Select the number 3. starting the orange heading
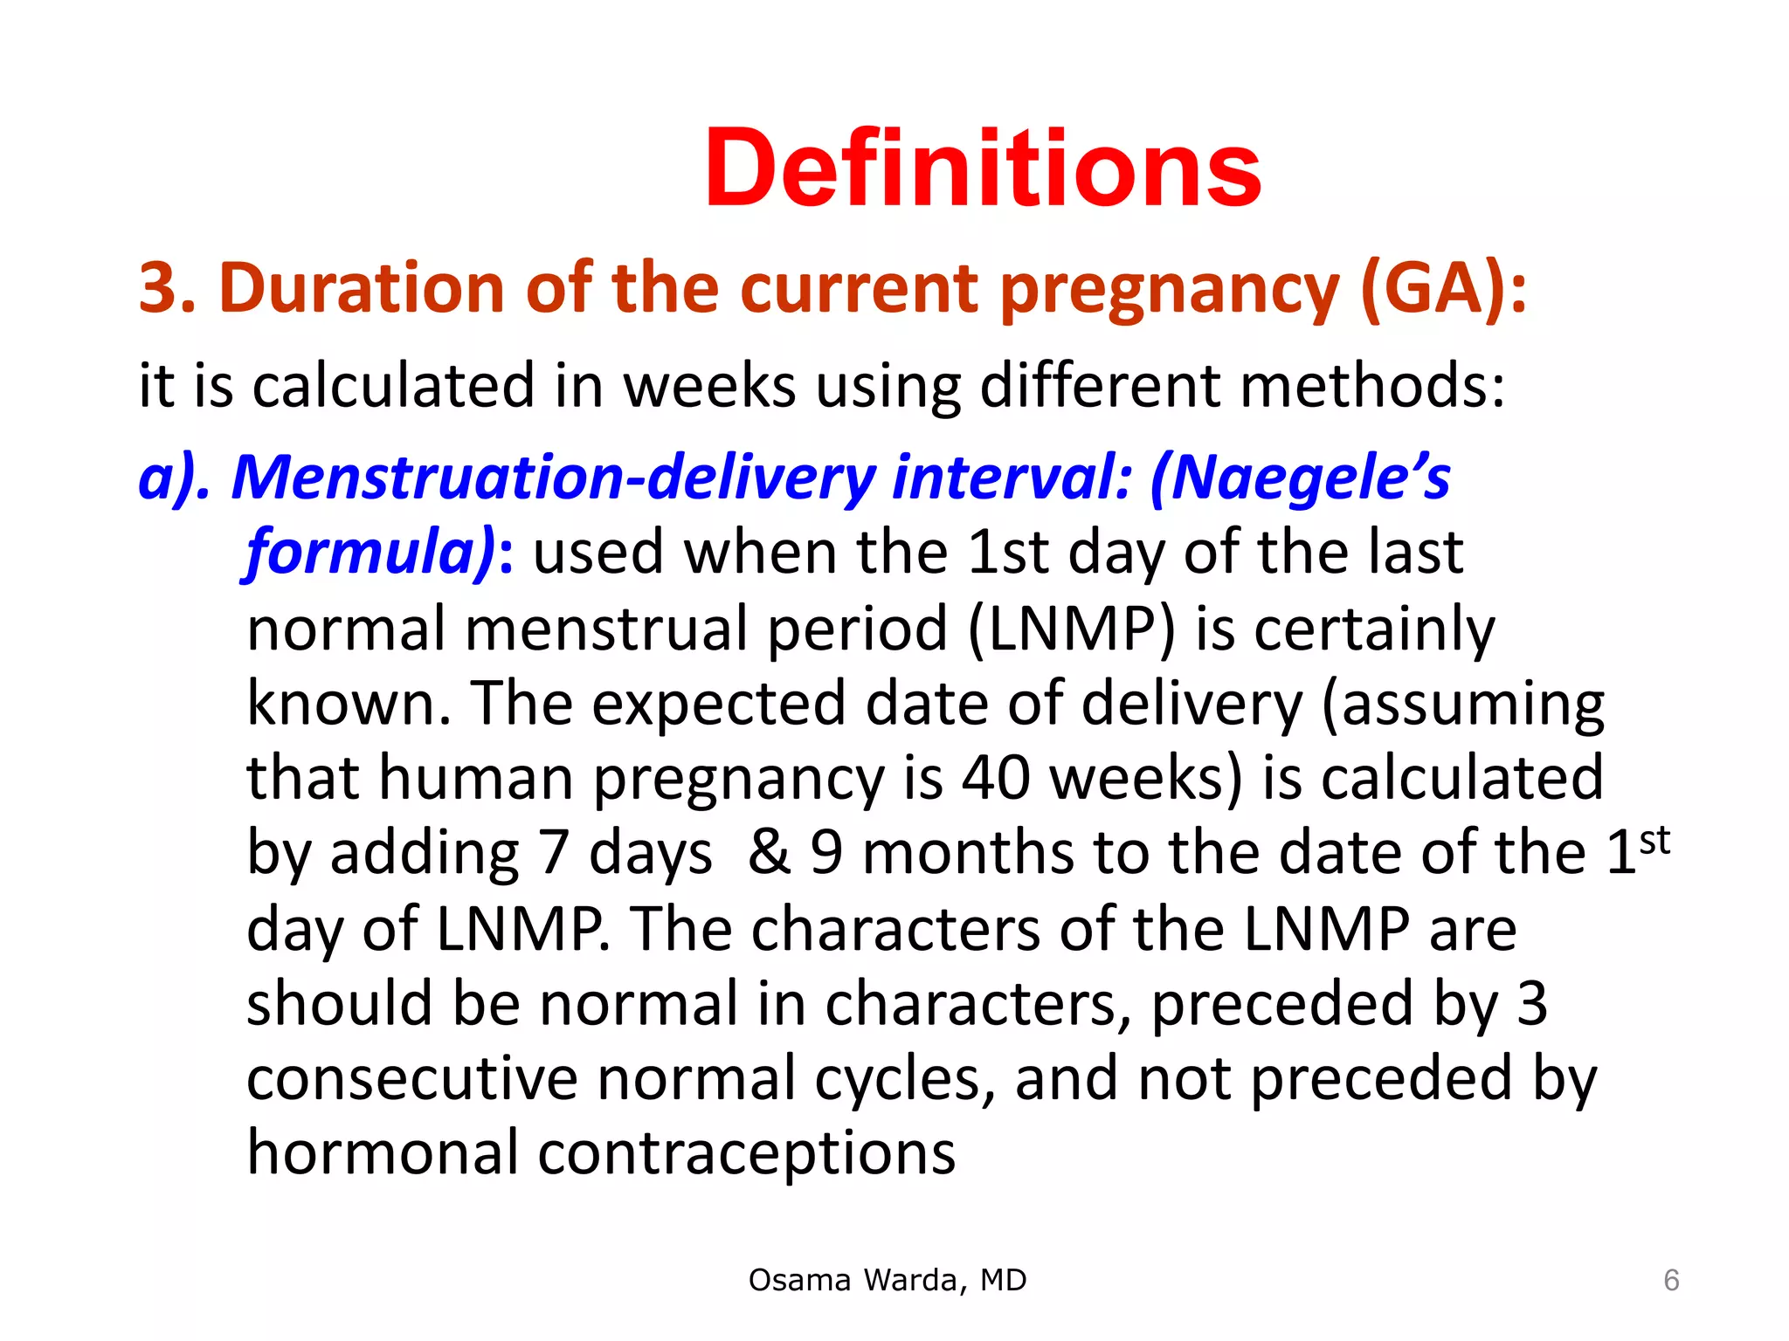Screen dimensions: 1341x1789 [166, 288]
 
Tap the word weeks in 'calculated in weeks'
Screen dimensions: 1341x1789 [708, 386]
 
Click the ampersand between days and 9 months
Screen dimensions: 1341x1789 [769, 854]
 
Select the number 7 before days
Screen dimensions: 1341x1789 [553, 854]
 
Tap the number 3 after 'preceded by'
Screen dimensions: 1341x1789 [1532, 1004]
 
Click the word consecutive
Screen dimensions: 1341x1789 [411, 1079]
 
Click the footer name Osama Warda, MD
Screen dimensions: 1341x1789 [888, 1280]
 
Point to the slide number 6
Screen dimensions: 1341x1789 [1671, 1281]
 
